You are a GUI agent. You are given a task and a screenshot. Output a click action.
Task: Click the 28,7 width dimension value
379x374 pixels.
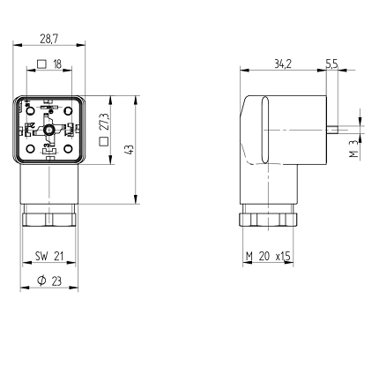point(49,39)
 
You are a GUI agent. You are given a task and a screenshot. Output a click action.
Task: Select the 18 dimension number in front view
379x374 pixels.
point(57,64)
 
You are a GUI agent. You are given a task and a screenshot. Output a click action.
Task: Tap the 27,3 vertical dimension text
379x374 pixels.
point(104,122)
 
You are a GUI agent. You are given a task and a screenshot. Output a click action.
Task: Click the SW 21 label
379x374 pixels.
point(49,256)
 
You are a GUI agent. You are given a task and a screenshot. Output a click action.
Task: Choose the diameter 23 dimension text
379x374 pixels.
point(49,280)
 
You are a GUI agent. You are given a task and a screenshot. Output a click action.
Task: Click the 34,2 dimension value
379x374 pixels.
point(283,64)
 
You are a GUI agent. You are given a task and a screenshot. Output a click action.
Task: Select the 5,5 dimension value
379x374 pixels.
point(332,64)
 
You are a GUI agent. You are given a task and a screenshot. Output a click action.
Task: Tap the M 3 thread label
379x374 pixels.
point(353,148)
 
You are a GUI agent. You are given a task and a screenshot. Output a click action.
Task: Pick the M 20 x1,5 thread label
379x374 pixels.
point(268,257)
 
